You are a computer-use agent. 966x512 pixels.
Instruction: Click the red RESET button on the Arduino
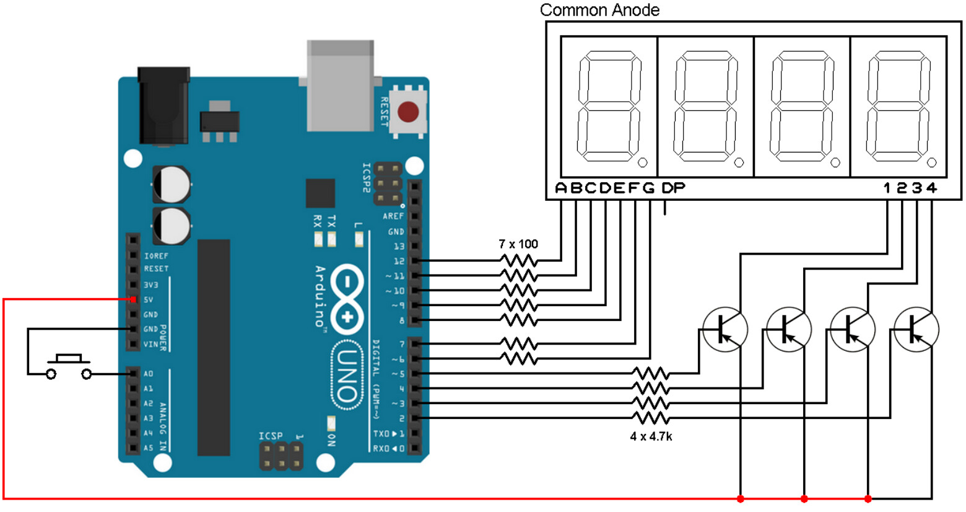click(408, 113)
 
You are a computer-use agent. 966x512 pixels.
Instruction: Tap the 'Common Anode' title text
click(599, 10)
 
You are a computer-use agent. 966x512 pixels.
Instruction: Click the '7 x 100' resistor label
click(518, 244)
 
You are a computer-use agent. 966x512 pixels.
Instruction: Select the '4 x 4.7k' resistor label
click(651, 436)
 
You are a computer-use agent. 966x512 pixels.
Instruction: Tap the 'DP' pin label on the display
click(673, 188)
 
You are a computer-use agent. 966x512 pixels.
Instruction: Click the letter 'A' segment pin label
click(561, 188)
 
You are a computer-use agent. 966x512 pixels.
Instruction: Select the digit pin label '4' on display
click(932, 188)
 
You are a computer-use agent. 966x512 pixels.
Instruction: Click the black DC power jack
click(163, 105)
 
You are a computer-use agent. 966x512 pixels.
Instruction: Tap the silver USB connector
click(341, 85)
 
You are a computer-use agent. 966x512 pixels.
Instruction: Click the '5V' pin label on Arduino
click(149, 300)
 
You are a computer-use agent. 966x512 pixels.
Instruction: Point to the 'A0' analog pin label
click(148, 374)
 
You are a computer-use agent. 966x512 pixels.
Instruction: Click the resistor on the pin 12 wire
click(518, 260)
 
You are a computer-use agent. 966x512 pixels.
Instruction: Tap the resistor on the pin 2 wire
click(650, 418)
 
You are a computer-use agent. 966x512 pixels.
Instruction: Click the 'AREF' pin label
click(393, 216)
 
